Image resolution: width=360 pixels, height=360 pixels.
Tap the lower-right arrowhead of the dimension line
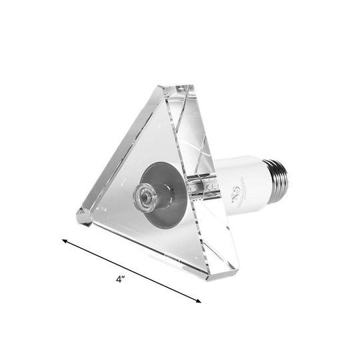[x=200, y=283]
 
